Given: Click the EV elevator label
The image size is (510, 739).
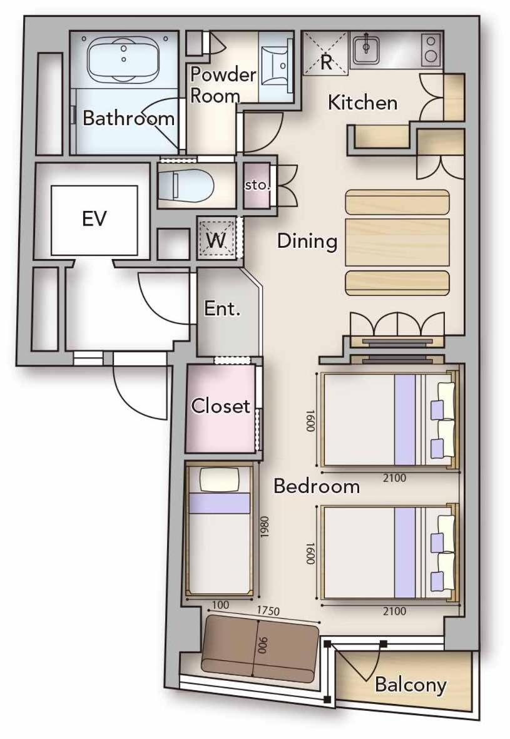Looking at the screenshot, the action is [94, 218].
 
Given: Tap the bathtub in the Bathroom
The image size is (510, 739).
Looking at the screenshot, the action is [123, 60].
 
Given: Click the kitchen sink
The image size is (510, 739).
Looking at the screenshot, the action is [366, 48].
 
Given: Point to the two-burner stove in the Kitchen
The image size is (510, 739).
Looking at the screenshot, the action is [430, 49].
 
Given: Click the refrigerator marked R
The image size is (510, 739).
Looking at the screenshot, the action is [325, 53].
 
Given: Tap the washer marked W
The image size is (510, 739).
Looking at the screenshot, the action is [217, 240].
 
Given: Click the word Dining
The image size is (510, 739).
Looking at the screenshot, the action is [307, 242].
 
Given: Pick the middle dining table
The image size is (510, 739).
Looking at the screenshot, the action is [397, 242].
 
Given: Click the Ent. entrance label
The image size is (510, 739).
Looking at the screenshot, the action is [222, 308].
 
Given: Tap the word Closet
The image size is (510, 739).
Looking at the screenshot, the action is [220, 405].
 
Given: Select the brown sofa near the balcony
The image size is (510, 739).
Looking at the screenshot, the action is [260, 648].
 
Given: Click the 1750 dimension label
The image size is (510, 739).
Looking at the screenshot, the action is [268, 611].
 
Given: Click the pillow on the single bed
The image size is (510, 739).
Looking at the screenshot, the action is [220, 480].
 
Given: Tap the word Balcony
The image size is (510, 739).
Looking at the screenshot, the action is [411, 685].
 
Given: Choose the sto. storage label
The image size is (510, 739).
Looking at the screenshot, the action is [257, 185].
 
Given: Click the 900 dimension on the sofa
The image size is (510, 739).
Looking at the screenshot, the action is [263, 646].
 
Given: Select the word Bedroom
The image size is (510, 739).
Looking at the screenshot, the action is [317, 486].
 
